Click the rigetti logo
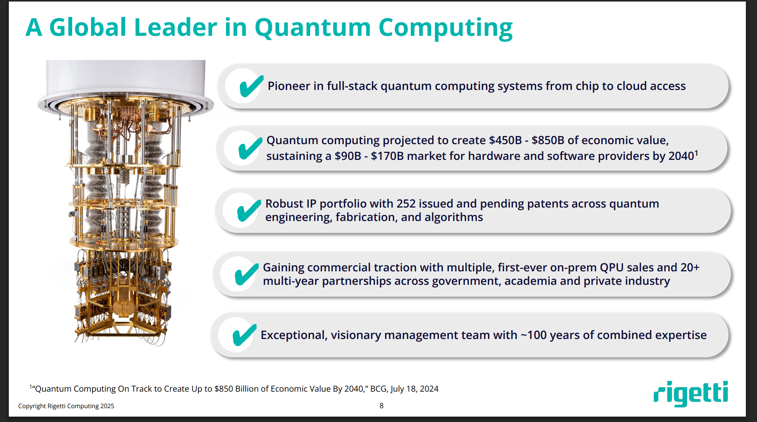691,393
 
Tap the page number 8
381,405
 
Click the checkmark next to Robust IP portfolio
249,211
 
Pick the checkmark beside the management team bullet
245,335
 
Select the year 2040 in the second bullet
681,156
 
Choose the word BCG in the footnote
378,389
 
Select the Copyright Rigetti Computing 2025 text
66,406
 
